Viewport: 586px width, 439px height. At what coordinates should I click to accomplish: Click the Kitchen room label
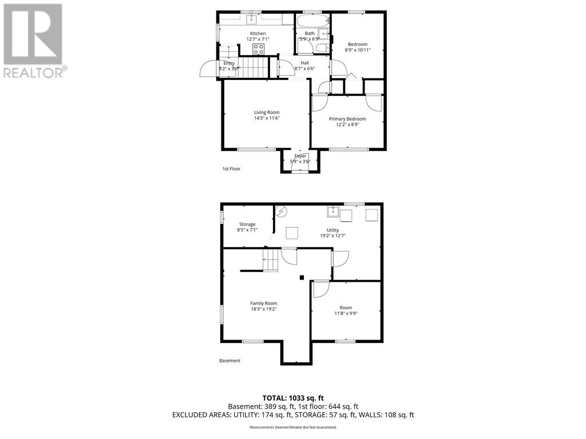(258, 33)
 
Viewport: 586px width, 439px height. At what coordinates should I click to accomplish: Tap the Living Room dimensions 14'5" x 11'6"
(267, 118)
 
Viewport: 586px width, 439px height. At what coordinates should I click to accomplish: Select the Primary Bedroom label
(347, 119)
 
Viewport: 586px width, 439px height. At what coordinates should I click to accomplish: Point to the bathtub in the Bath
(312, 21)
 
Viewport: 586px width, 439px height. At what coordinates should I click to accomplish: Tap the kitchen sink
(251, 20)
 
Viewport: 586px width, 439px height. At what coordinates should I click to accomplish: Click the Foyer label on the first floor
(300, 156)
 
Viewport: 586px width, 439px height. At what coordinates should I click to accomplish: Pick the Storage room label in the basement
(247, 224)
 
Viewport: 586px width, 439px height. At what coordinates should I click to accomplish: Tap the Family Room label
(263, 303)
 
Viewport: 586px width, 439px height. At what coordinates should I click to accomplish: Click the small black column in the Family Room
(302, 278)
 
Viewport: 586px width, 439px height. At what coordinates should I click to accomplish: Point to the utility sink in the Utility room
(333, 212)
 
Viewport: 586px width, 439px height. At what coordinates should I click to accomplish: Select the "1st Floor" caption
(231, 169)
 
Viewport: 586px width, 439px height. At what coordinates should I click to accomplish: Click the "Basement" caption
(229, 361)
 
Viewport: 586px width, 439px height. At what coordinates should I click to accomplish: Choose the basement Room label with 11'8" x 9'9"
(346, 308)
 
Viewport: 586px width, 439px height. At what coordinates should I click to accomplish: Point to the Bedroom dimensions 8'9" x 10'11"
(358, 50)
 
